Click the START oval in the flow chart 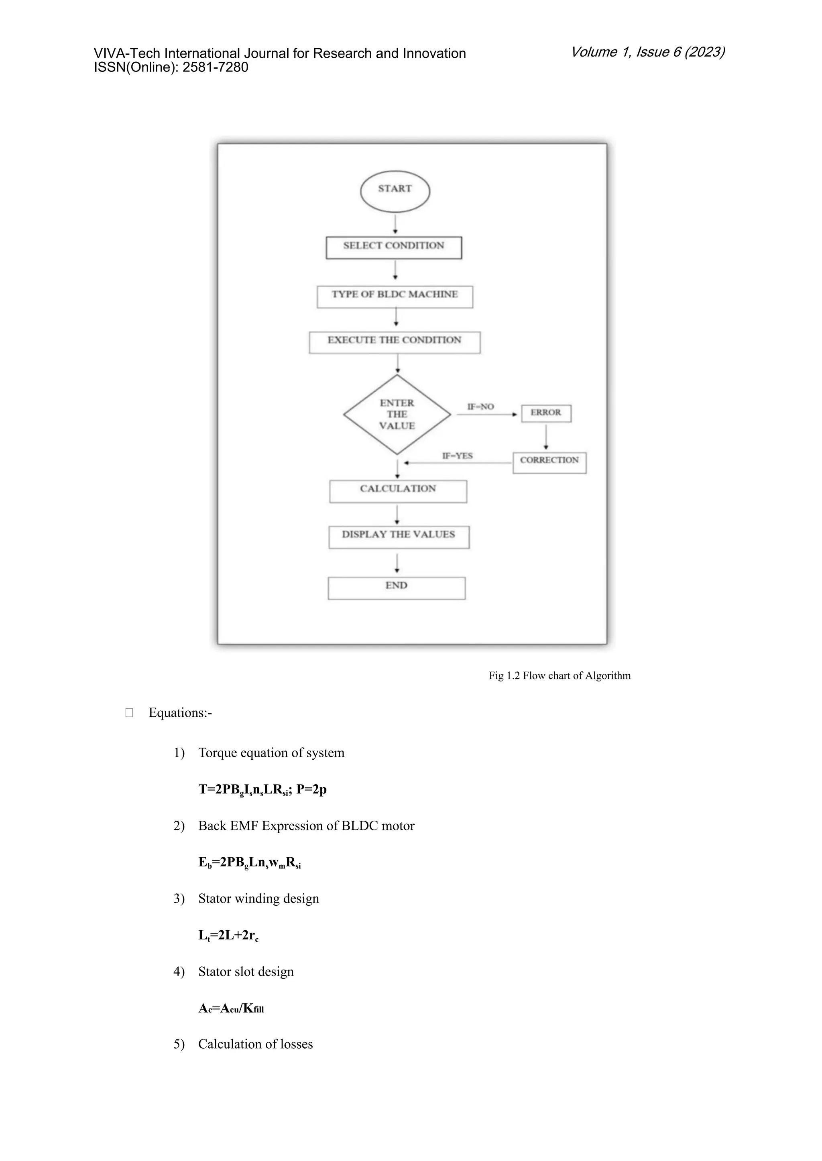(x=395, y=191)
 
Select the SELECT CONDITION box (x=394, y=248)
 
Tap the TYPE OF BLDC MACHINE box (x=395, y=297)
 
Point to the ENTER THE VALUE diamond (x=397, y=415)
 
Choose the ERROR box (x=546, y=413)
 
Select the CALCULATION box (x=398, y=491)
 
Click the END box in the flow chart (x=396, y=588)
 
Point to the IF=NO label (x=480, y=407)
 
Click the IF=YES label (x=457, y=456)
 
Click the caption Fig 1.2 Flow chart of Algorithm (x=559, y=676)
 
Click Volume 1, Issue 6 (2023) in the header (x=647, y=52)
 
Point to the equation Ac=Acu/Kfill (x=231, y=1009)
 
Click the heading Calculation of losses (x=255, y=1044)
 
